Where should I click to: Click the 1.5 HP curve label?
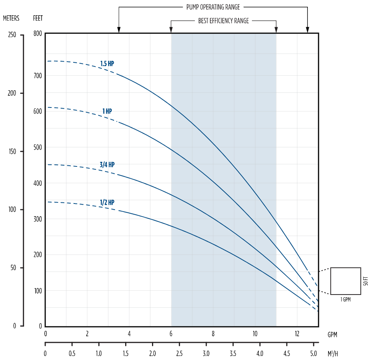pos(107,64)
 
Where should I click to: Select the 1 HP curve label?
pos(107,111)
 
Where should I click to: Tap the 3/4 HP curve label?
pos(107,165)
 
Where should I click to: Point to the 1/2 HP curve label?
pos(107,202)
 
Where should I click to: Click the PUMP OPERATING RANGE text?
pos(213,7)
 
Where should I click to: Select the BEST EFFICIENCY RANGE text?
pos(224,21)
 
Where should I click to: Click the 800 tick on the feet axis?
pos(38,33)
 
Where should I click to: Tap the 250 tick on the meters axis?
pos(12,35)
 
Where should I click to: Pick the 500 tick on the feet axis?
pos(38,147)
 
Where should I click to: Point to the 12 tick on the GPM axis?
pos(297,333)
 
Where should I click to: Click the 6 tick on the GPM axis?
pos(171,333)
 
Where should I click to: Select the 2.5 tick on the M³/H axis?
pos(179,352)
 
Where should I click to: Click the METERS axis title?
pos(11,18)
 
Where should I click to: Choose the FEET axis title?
pos(38,18)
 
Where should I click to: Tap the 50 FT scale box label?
pos(366,281)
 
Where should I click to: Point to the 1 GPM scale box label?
pos(345,300)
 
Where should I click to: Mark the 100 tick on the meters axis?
pos(12,210)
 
